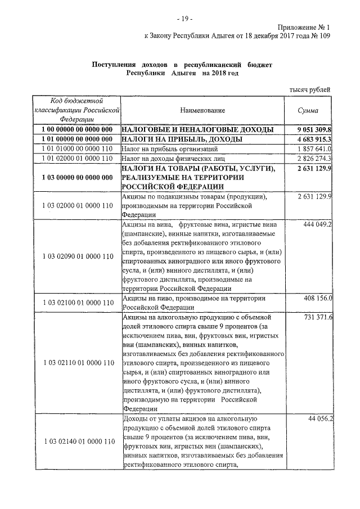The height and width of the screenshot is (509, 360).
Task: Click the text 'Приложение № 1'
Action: click(x=304, y=26)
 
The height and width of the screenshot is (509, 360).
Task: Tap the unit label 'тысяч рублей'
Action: click(x=310, y=89)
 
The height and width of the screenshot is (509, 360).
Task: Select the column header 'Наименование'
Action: click(x=202, y=111)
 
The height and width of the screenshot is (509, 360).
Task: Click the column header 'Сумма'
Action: click(x=309, y=111)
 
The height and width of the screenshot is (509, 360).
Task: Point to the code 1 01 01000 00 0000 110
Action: click(x=77, y=149)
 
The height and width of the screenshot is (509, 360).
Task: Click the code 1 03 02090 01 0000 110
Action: click(x=77, y=256)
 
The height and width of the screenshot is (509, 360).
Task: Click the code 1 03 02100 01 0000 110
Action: click(x=77, y=303)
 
